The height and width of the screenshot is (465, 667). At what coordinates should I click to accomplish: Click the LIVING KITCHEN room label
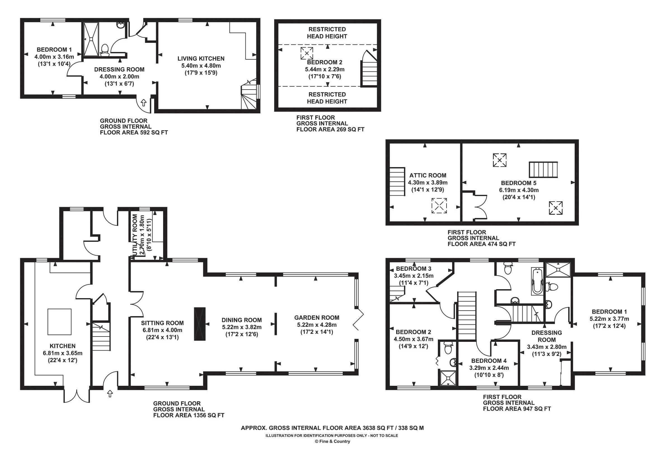tap(201, 59)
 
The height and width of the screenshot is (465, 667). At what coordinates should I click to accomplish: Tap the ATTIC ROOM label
tap(428, 175)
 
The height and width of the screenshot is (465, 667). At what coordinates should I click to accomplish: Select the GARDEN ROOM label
tap(317, 318)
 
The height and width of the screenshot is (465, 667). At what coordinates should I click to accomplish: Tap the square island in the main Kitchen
tap(59, 322)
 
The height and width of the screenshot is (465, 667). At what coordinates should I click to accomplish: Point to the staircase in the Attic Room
tap(397, 182)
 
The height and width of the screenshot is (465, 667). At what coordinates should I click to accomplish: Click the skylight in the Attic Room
tap(439, 206)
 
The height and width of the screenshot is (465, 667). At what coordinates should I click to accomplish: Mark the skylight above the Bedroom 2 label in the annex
tap(307, 53)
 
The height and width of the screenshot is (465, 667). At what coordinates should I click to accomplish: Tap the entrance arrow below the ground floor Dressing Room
tap(144, 102)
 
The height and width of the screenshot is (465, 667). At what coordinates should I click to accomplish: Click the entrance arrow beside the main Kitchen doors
tap(110, 394)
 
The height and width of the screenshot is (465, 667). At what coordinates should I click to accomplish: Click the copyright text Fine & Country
tap(333, 441)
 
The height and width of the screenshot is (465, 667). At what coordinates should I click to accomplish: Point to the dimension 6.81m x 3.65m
tap(63, 353)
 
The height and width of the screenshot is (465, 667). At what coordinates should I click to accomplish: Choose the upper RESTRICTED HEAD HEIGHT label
tap(327, 33)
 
